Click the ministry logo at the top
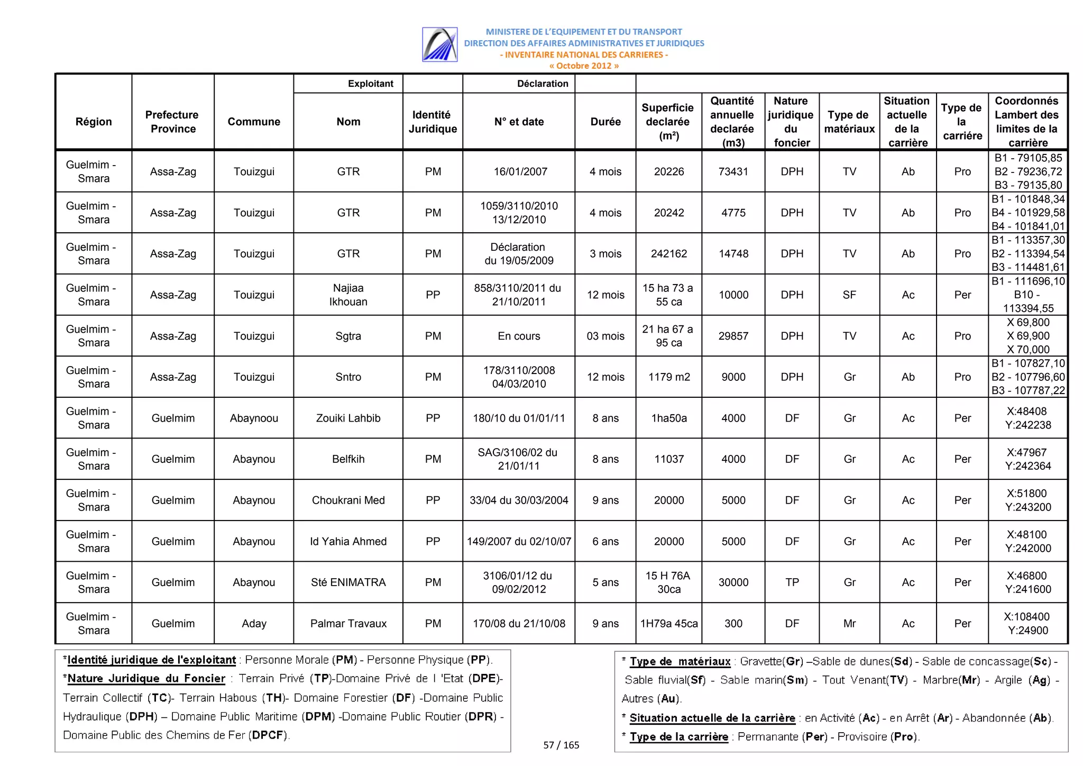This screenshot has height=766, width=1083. click(x=439, y=44)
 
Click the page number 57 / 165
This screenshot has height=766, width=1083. click(x=561, y=745)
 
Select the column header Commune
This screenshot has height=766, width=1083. click(x=254, y=122)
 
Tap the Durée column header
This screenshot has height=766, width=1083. click(x=605, y=122)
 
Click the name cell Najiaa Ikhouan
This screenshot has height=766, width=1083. click(x=348, y=295)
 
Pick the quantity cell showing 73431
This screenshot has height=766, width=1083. click(x=733, y=171)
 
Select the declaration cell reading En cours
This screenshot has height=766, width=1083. click(x=519, y=336)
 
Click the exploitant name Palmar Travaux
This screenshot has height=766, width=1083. click(x=348, y=623)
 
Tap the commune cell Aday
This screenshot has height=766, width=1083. click(x=254, y=623)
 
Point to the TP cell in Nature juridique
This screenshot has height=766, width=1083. click(x=792, y=582)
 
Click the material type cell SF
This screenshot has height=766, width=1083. click(x=849, y=295)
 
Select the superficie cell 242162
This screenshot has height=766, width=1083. click(x=668, y=253)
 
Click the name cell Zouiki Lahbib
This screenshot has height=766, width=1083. click(x=348, y=418)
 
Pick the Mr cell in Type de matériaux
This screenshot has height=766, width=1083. click(x=849, y=623)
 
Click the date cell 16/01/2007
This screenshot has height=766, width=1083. click(x=520, y=171)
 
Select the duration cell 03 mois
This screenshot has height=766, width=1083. click(x=605, y=336)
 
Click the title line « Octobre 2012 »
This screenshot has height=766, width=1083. click(x=584, y=66)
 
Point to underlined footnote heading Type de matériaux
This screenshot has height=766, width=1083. click(x=680, y=661)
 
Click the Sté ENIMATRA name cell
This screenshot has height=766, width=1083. click(x=348, y=582)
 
